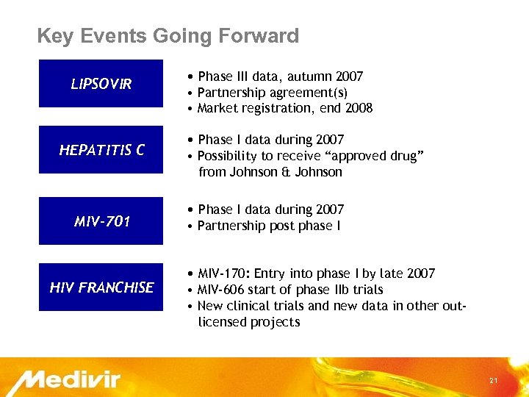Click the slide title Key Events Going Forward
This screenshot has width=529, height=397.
point(168,36)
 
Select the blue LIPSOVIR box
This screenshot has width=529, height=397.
point(101,84)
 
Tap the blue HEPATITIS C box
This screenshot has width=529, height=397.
point(101,150)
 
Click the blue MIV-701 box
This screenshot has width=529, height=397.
point(101,221)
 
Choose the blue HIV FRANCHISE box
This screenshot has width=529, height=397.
point(101,287)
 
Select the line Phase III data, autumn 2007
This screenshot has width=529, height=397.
point(280,76)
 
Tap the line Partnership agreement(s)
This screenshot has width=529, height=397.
point(273,93)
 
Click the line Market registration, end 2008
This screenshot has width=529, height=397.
point(285,108)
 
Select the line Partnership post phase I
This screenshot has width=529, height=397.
point(269,226)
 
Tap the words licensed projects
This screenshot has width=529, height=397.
point(249,322)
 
